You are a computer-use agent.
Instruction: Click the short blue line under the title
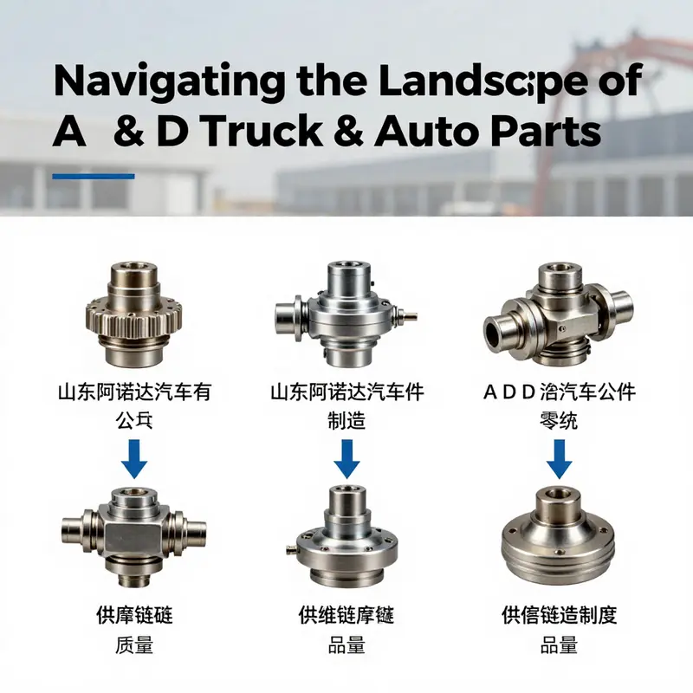(94, 177)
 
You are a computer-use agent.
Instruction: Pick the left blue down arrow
(134, 459)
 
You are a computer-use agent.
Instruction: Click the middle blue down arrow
(346, 459)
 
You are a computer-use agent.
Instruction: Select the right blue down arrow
(559, 459)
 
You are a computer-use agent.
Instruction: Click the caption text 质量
(134, 645)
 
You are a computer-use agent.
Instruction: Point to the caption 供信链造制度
(559, 616)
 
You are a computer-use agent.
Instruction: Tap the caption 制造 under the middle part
(346, 422)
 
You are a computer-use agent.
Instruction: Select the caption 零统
(559, 422)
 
